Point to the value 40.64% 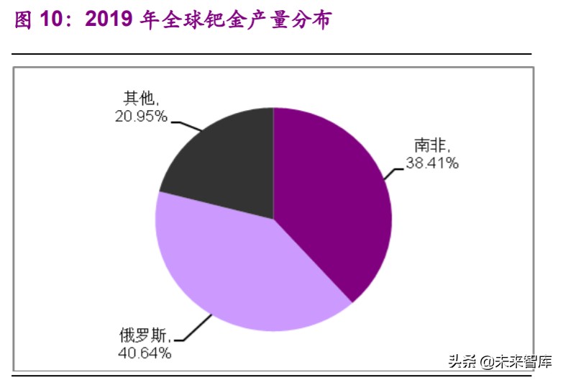(145, 353)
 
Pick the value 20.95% (141, 116)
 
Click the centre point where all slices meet (274, 219)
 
